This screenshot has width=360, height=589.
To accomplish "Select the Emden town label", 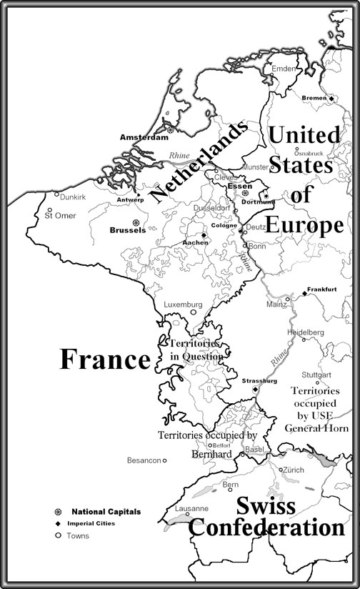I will coord(283,69).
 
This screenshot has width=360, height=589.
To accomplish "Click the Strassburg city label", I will coord(259,381).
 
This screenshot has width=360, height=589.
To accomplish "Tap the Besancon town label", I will coord(144,460).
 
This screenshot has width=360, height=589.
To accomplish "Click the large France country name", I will coord(104,360).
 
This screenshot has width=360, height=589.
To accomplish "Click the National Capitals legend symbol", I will coord(58,512).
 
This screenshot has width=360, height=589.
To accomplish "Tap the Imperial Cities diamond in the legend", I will coord(58,523).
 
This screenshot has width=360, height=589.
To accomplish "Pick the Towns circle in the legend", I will coord(58,535).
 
